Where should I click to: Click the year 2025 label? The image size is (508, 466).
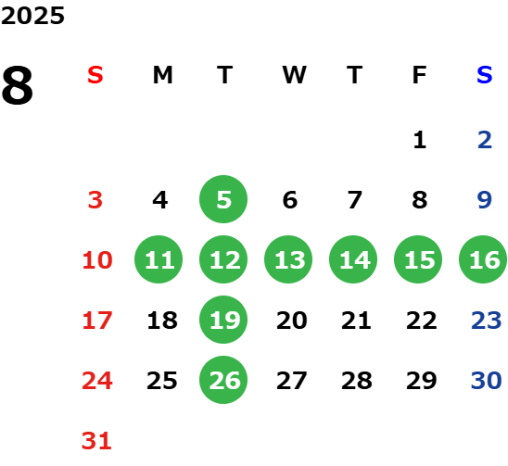(32, 16)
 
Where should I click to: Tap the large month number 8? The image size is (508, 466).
(18, 85)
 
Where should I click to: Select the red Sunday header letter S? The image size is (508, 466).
(95, 75)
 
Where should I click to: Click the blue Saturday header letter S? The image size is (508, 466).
(484, 75)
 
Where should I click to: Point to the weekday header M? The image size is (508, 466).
(162, 75)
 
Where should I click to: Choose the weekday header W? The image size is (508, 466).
(294, 75)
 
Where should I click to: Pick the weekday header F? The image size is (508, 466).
(420, 75)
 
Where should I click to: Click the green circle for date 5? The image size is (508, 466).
(223, 199)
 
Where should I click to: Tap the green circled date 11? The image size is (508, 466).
(159, 259)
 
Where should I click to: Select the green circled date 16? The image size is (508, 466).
(483, 259)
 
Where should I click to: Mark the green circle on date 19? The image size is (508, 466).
(223, 320)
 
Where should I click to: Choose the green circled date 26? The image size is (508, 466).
(223, 380)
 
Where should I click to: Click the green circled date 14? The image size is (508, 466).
(353, 259)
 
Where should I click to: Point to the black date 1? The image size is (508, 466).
(420, 140)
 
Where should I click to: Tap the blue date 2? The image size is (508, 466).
(485, 140)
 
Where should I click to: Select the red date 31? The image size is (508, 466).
(96, 441)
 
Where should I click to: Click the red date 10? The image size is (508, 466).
(97, 260)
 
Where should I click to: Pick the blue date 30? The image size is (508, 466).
(486, 381)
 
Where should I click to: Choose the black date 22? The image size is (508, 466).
(422, 321)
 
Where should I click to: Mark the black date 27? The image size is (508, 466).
(292, 381)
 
